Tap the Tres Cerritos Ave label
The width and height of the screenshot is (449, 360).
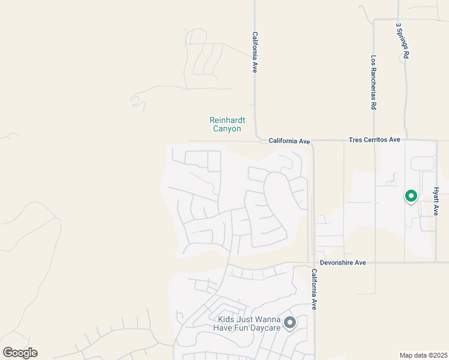click(374, 140)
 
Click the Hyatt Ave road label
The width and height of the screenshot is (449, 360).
click(436, 201)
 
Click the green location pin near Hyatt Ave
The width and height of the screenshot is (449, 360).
click(411, 196)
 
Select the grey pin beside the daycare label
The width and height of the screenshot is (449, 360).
click(290, 323)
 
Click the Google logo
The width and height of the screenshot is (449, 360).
click(20, 353)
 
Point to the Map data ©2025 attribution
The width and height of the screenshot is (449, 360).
click(424, 355)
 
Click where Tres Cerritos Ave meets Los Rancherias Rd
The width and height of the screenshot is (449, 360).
click(375, 141)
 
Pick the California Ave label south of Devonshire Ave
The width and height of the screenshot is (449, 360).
click(313, 289)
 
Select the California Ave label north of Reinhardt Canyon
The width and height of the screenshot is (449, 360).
click(255, 52)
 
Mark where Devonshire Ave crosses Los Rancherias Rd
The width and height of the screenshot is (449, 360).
click(375, 262)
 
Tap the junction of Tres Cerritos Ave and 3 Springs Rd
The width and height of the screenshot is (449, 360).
click(405, 140)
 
